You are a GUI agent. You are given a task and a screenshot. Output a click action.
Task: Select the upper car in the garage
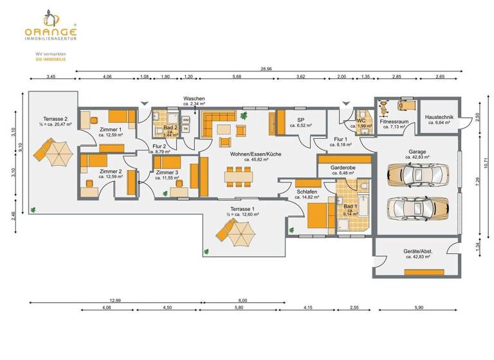[x=417, y=175]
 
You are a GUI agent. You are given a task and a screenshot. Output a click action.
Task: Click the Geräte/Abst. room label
[x=417, y=251]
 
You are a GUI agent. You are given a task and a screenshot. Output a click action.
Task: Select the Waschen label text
[x=194, y=98]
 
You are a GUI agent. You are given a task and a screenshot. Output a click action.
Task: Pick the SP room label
[x=300, y=120]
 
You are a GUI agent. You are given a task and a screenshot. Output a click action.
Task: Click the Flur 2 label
[x=159, y=146]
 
